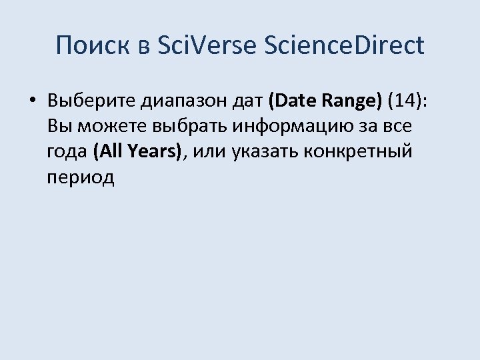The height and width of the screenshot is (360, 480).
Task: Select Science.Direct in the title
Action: [344, 45]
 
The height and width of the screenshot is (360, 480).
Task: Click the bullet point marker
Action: [33, 101]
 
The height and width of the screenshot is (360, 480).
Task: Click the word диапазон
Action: [173, 101]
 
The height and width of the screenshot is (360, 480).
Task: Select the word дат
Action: [244, 101]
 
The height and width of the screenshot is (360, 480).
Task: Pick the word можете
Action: [112, 126]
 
